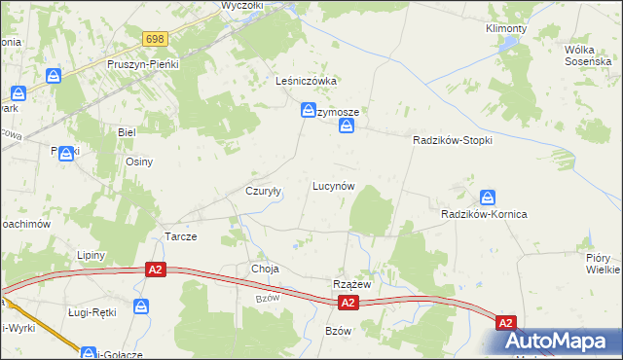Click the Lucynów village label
point(332,185)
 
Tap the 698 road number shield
point(156,39)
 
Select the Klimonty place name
point(506,28)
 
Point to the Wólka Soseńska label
point(587,54)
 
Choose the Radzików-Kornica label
point(484,213)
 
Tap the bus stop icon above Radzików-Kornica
point(488,196)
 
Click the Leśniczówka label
point(306,81)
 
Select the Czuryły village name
point(263,191)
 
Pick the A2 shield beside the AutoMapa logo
point(505,322)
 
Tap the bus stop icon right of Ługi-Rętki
point(143,306)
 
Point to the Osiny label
point(138,162)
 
